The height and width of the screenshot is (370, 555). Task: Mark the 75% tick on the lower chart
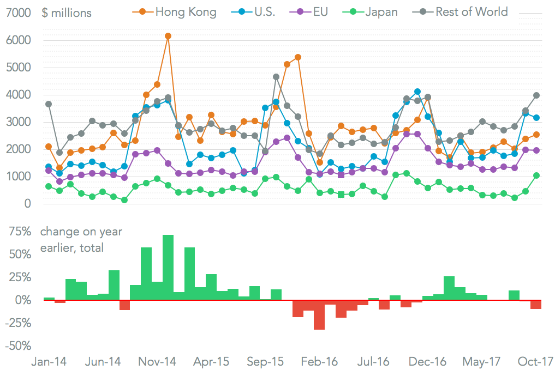(20, 232)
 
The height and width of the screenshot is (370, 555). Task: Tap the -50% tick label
(18, 345)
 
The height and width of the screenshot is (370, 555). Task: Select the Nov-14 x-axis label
(157, 362)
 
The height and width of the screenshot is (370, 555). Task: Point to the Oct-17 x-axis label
(535, 362)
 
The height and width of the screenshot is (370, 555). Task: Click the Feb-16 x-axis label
(320, 362)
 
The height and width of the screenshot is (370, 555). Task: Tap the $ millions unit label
(67, 12)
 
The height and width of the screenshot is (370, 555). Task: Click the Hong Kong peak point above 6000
(168, 36)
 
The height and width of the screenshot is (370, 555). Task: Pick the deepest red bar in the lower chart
(319, 314)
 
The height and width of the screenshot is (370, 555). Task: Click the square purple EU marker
(342, 175)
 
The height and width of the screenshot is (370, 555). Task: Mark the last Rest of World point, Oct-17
(536, 95)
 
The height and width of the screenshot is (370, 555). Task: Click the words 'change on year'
(81, 232)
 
